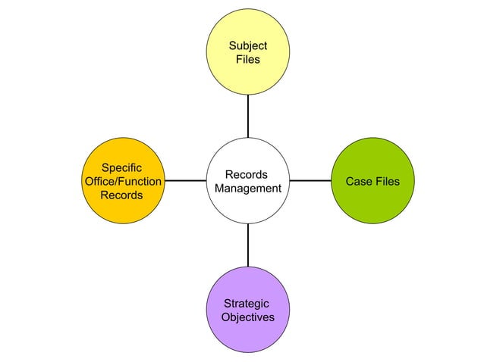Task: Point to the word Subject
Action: [248, 46]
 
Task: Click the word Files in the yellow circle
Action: [248, 60]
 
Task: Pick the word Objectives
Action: [248, 317]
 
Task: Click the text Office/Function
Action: [121, 181]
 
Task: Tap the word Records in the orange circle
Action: [121, 195]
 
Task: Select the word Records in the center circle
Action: [246, 175]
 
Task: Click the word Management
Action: [248, 189]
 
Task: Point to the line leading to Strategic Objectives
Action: [248, 245]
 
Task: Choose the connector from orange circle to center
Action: [184, 181]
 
